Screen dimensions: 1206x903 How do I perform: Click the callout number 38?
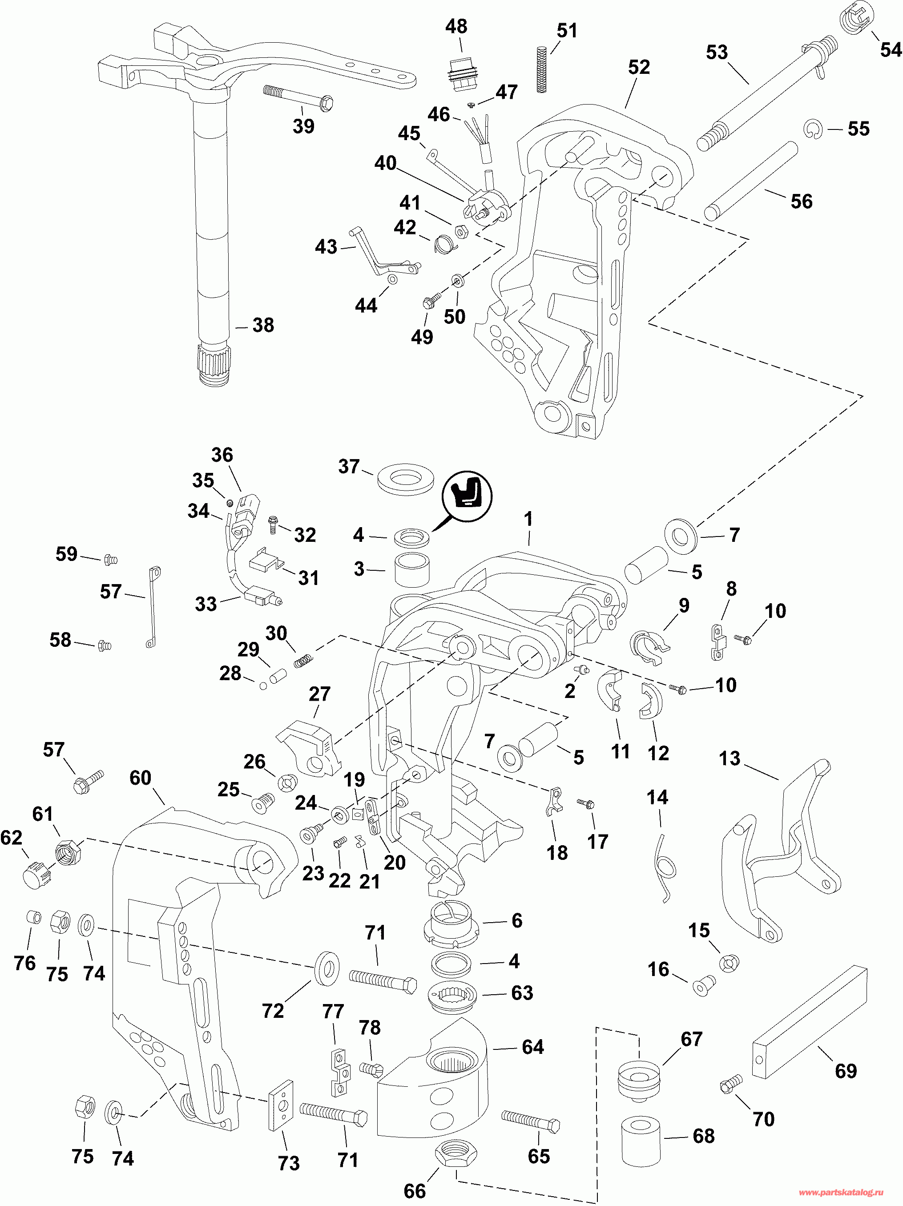pos(263,326)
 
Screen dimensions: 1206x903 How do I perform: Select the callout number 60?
pos(140,778)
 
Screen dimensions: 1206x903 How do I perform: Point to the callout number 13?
pos(730,758)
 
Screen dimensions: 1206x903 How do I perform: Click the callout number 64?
pos(533,1047)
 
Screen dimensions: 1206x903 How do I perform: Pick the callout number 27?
pos(319,694)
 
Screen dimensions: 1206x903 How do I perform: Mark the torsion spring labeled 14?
pos(666,866)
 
